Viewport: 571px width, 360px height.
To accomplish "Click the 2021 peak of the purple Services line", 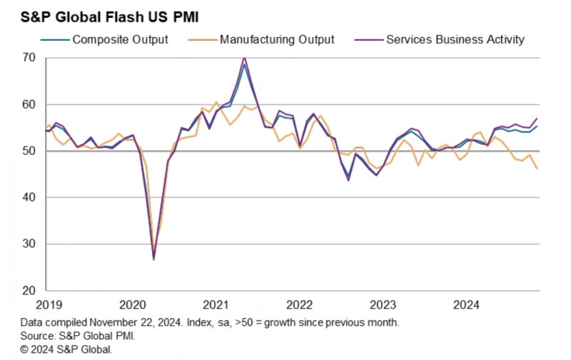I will pos(244,57).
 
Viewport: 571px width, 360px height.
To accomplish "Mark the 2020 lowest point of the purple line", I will pos(153,259).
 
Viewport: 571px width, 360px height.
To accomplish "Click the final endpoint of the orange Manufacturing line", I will pos(537,169).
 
